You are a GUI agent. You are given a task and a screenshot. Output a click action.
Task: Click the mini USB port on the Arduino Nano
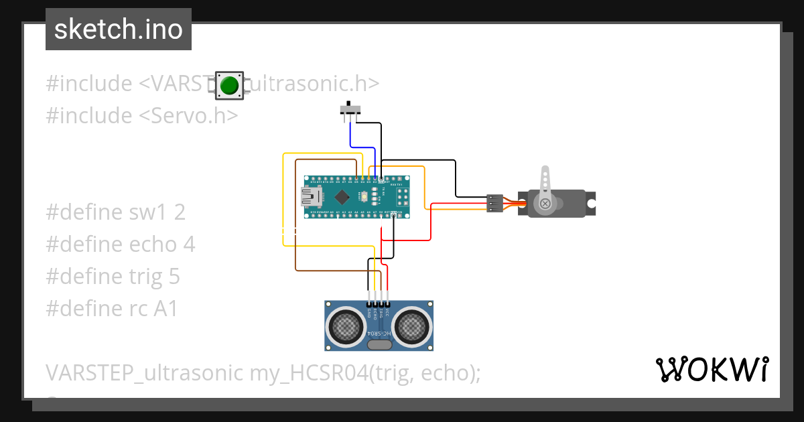[x=310, y=196]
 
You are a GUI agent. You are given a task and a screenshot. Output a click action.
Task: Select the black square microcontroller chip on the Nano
[x=343, y=197]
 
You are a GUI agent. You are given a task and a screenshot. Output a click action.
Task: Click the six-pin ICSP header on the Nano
[x=403, y=196]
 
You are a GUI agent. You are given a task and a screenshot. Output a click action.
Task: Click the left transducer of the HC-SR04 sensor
[x=346, y=326]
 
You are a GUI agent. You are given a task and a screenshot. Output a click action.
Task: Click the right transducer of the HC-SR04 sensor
[x=412, y=326]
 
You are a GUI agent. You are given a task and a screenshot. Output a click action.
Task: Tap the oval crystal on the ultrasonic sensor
[x=380, y=344]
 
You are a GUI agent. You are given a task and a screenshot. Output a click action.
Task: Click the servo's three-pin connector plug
[x=494, y=203]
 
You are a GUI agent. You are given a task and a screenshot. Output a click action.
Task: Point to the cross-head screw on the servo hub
[x=545, y=203]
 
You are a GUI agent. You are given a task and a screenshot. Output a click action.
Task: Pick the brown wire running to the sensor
[x=295, y=221]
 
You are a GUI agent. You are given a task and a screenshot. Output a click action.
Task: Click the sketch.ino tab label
[x=119, y=29]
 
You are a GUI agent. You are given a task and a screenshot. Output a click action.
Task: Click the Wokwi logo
[x=711, y=369]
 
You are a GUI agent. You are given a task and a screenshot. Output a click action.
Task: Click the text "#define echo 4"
[x=121, y=244]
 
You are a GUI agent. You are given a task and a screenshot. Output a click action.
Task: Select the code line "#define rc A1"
[x=112, y=309]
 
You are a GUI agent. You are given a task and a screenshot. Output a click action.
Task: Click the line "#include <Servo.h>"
[x=142, y=116]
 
